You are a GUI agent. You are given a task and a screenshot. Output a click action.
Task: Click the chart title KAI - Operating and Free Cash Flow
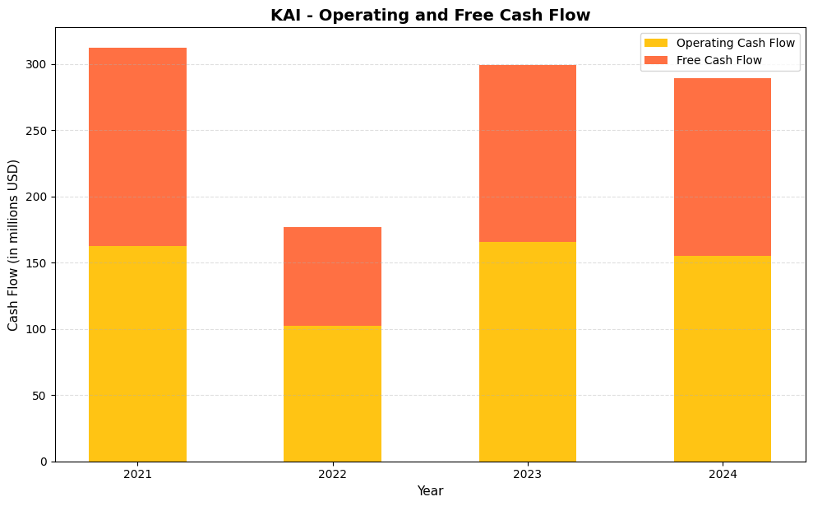coord(430,15)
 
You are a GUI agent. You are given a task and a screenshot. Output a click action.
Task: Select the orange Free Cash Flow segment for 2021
coord(137,146)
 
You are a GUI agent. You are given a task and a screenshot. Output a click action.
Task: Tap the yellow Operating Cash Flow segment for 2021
coord(137,354)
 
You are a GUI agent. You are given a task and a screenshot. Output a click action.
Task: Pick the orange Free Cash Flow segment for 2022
coord(332,276)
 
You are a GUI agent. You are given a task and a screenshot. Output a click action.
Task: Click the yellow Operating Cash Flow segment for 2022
coord(332,393)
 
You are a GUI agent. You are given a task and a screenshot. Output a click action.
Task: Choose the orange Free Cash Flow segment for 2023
coord(527,153)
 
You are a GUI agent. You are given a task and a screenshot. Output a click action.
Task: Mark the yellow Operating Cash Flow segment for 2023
coord(527,351)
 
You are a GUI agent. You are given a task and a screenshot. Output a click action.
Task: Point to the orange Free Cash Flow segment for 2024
coord(722,167)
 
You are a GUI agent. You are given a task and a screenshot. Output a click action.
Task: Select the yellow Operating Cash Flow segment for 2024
coord(722,359)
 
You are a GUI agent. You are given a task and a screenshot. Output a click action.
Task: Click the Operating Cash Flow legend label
coord(735,43)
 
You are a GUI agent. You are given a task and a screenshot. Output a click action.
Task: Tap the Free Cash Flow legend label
coord(718,60)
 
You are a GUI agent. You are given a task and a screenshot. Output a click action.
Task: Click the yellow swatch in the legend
coord(656,43)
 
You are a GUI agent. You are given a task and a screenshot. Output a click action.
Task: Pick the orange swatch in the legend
coord(656,60)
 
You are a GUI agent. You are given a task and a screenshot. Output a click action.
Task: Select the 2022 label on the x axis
coord(332,474)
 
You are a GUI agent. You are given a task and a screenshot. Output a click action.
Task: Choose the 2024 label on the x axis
coord(722,474)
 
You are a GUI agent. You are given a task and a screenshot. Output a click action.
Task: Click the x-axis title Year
coord(430,491)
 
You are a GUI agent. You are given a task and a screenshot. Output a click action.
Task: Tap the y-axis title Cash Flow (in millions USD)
coord(13,244)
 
